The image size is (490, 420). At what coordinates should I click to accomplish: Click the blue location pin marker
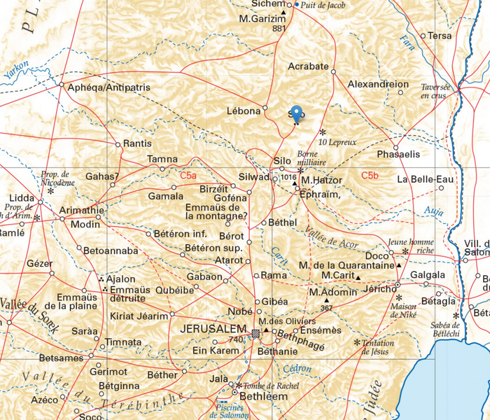point(296,114)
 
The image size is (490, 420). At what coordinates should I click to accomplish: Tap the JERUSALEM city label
point(214,328)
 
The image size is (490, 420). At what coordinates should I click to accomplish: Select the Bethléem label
point(264,396)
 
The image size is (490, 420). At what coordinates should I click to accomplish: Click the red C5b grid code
point(370,175)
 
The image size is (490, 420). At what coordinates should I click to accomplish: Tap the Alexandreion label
point(378,85)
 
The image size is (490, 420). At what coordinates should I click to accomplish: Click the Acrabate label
point(308,66)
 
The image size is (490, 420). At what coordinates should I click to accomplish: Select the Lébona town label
point(243,111)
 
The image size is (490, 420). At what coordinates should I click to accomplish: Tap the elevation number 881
point(279,29)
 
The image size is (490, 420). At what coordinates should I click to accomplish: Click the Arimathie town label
point(82,210)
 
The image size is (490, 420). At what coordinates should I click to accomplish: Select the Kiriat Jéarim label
point(139,316)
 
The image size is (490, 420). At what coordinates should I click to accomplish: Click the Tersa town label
point(439,36)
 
